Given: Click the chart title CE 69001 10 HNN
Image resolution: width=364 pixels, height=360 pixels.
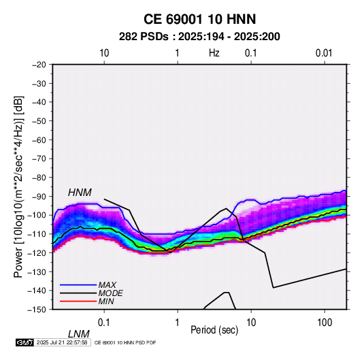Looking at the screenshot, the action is coord(199,19).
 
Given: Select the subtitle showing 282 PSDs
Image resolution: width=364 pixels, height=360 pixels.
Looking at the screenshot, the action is coord(199,37).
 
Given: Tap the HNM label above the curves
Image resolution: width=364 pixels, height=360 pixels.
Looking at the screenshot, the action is coord(80,193).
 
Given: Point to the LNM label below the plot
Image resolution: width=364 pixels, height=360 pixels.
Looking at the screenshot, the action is coord(79,334).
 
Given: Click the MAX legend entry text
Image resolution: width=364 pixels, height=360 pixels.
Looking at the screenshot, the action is coord(107,284).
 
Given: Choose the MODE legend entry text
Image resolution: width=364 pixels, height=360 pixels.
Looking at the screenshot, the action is coord(110,293).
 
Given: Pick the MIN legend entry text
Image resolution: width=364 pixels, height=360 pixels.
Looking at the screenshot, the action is coord(106,301).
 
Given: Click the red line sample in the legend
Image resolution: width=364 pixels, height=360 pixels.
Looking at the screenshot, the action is coord(78,301).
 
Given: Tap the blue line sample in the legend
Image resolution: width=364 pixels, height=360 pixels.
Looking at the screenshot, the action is coord(78,284).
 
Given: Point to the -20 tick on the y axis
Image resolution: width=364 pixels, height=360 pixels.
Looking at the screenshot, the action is coord(39,65).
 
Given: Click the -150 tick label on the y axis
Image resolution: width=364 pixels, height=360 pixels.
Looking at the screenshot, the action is coord(37,310).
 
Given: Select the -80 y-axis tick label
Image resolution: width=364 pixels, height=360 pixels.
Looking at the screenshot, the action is coord(39,178).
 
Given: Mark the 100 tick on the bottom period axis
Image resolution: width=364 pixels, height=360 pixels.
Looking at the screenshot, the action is coord(325,323).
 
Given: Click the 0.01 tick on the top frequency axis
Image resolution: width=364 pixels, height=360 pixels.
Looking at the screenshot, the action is coord(324,53).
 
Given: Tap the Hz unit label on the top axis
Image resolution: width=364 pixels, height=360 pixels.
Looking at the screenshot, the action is coord(214,53).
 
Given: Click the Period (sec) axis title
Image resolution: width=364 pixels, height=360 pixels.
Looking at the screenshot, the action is coord(214,330).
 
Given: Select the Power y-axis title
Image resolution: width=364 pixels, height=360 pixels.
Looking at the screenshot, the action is coord(19,186).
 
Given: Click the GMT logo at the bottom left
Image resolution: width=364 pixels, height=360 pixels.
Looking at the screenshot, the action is coord(25,342).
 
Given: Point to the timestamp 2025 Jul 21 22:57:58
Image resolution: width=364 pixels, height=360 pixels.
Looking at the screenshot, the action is coord(62,342).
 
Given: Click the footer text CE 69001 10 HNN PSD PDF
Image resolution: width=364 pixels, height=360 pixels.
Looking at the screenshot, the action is coord(125,343).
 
